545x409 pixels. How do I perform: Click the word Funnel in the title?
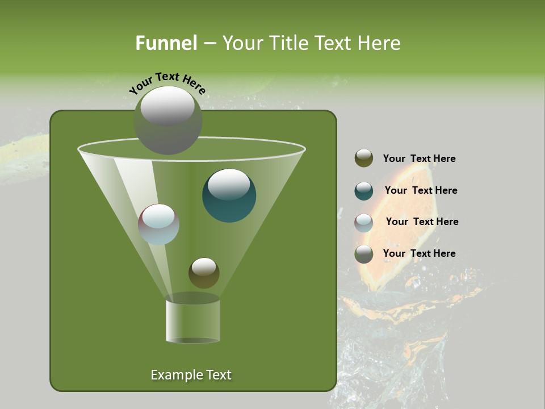166,43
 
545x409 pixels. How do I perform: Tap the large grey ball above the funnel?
167,120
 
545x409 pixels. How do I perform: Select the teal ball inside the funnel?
229,195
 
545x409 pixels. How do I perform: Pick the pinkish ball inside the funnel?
158,224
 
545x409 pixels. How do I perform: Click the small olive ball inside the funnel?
204,273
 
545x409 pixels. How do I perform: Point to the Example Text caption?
191,375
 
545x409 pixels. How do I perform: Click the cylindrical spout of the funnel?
192,322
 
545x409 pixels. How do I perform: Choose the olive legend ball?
364,158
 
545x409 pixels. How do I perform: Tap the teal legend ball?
364,191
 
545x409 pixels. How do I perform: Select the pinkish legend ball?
364,223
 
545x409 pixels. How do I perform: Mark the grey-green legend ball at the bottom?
364,254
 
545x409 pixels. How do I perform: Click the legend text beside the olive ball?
419,159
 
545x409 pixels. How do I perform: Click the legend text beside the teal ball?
421,191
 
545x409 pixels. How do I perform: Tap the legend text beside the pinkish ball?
422,222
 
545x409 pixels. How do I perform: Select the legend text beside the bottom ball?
419,254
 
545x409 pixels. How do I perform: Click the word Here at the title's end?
380,43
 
